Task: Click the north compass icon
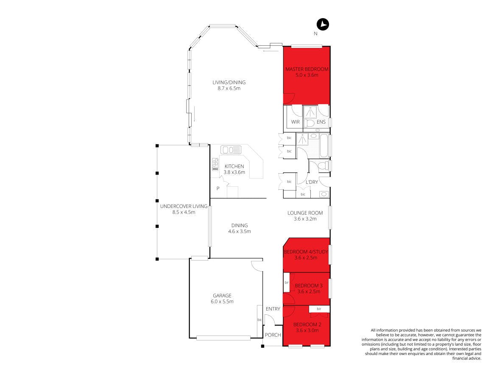323,24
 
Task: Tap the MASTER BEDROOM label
307,69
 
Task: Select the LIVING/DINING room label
229,83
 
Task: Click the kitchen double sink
231,150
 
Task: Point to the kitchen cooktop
215,164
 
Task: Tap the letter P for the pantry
218,189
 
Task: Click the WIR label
296,122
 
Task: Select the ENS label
321,122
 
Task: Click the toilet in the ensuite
310,123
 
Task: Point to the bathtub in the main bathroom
324,146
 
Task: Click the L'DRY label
312,182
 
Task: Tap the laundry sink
324,194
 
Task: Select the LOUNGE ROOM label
305,213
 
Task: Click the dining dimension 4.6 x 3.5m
239,231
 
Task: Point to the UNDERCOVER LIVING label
184,206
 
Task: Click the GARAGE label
222,296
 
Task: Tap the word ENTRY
273,309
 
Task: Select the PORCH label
273,335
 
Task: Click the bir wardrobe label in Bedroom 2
319,309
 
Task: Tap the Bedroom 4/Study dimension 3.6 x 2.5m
306,258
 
